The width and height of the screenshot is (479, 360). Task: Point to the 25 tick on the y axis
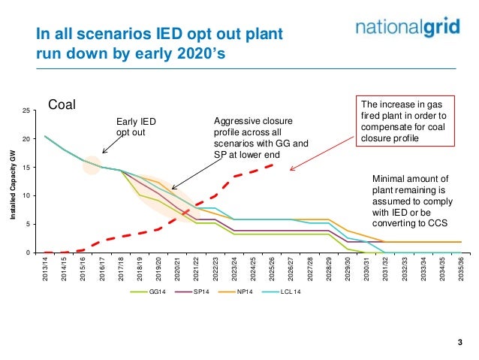[27, 110]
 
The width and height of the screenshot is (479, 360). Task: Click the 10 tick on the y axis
[27, 195]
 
